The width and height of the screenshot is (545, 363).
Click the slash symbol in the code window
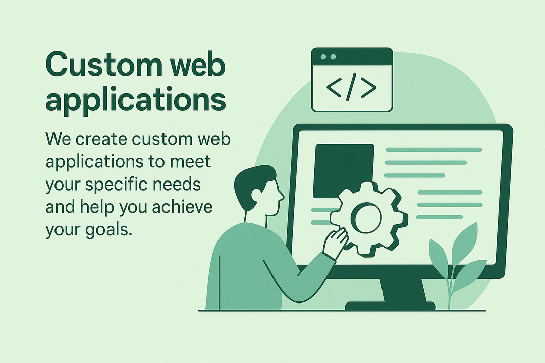(x=352, y=87)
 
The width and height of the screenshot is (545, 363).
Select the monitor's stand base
(x=390, y=306)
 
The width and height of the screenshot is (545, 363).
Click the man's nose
(x=282, y=196)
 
